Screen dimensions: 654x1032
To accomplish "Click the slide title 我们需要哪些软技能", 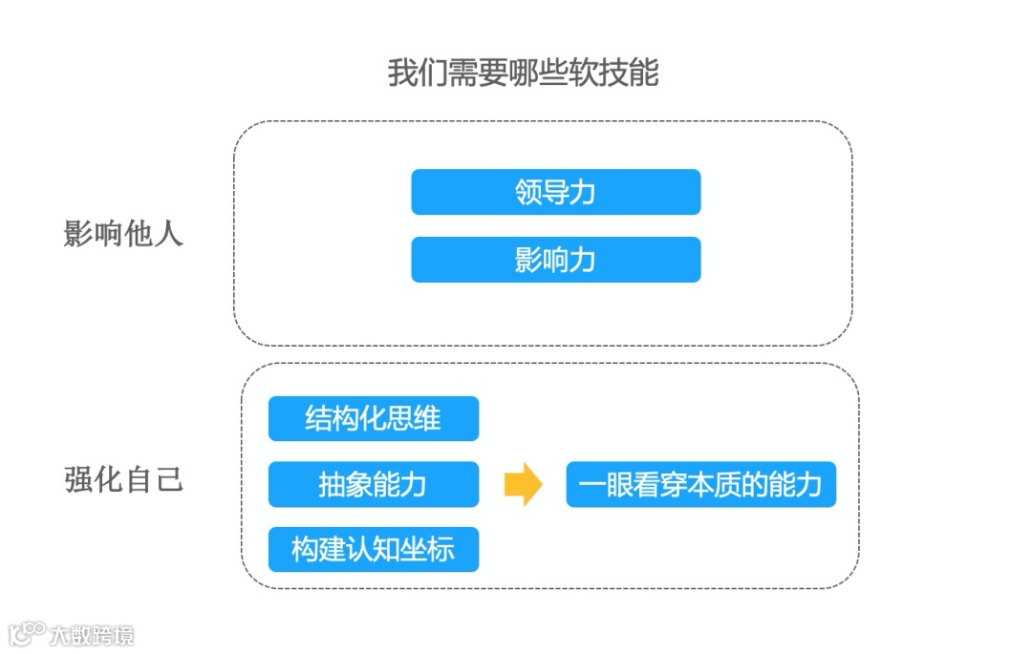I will click(523, 73).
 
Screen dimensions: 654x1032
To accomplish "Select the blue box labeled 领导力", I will click(555, 192).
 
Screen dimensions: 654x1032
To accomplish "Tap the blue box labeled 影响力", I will click(555, 260).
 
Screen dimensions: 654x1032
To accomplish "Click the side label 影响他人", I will click(123, 234).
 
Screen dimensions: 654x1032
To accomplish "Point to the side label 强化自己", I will click(123, 479).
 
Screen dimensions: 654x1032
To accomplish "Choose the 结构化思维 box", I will click(373, 418).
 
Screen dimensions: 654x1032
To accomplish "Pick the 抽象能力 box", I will click(373, 484).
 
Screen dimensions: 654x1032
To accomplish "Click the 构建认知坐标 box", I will click(373, 550).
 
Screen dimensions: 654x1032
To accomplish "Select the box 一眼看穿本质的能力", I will click(700, 484).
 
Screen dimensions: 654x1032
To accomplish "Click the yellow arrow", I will click(523, 484).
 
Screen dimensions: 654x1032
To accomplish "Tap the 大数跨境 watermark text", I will click(92, 635).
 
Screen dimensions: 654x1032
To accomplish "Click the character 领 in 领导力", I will click(528, 192).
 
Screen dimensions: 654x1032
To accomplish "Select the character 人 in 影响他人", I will click(168, 234).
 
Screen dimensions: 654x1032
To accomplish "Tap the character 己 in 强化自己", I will click(168, 479).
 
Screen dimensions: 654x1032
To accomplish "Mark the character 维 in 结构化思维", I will click(427, 418).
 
